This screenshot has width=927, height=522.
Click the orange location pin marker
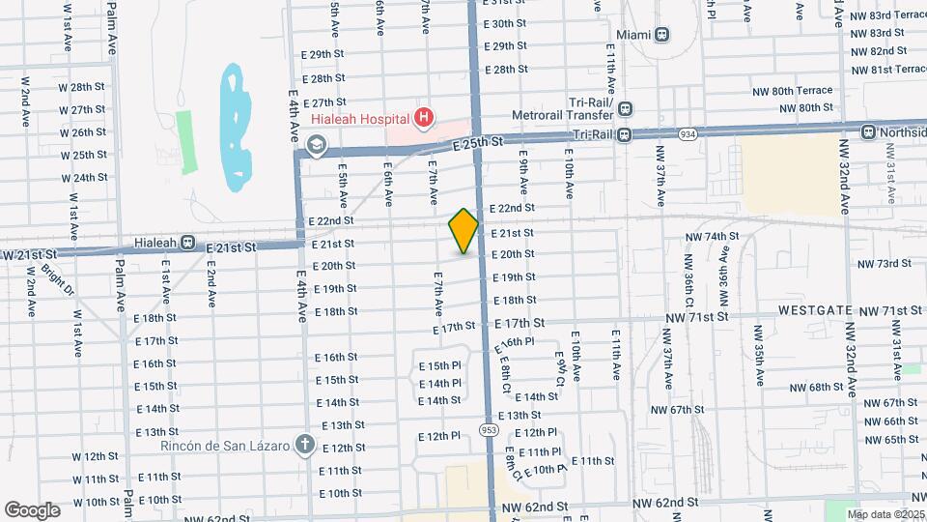(x=463, y=232)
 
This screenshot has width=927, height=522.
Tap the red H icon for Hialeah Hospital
(x=423, y=118)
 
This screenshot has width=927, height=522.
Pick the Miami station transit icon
(x=661, y=35)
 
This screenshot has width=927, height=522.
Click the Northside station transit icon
(x=869, y=131)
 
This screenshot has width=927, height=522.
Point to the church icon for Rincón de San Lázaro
(x=304, y=446)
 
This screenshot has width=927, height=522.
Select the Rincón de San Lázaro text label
(x=227, y=446)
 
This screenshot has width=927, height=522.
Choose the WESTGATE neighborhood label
(x=815, y=311)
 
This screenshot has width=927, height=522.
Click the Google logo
(x=32, y=509)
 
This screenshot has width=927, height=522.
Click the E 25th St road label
(x=479, y=143)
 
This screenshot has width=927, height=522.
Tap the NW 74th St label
(x=711, y=237)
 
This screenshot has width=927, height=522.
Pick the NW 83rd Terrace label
(x=885, y=14)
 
